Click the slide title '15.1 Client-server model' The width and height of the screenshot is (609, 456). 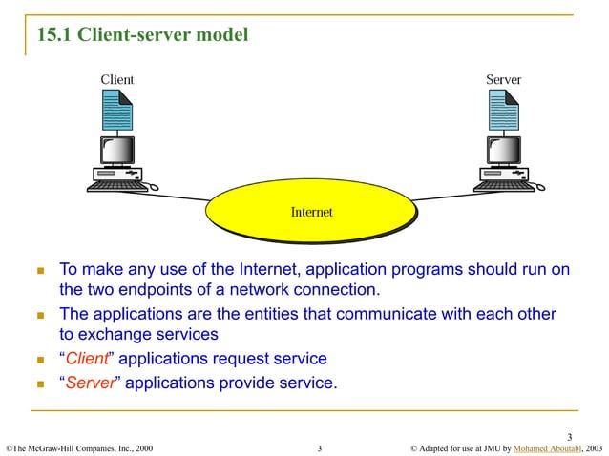tap(142, 36)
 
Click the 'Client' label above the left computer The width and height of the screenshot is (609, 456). tap(117, 79)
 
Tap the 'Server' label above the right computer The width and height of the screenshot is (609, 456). tap(503, 79)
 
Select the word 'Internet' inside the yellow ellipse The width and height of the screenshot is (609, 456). tap(311, 212)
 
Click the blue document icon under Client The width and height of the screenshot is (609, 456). tap(117, 112)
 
